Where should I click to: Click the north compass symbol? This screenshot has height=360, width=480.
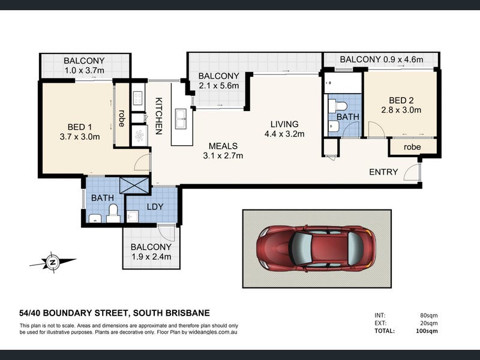[53, 262]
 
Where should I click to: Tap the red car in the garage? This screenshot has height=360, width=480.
[316, 249]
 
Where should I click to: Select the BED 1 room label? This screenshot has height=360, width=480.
[80, 127]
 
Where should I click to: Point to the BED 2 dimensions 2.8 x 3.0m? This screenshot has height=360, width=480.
[401, 110]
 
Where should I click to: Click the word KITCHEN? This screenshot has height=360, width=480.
[158, 116]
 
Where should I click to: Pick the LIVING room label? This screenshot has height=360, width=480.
[284, 124]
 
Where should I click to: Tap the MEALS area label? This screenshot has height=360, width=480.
[223, 146]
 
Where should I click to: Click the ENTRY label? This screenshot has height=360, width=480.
[383, 172]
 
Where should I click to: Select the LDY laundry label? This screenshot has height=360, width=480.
[155, 206]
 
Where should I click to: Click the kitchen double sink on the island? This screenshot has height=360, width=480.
[181, 119]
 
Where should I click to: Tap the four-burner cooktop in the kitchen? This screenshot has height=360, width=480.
[138, 98]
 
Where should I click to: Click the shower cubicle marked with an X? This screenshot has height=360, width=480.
[134, 185]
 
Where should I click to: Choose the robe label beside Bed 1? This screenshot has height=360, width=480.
[122, 118]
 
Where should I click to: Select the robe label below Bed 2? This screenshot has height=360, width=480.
[412, 147]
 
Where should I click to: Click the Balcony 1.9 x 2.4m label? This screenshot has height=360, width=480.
[151, 251]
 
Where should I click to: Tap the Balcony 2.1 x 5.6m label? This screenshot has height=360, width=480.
[218, 80]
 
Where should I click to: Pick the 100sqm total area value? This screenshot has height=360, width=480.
[427, 331]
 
